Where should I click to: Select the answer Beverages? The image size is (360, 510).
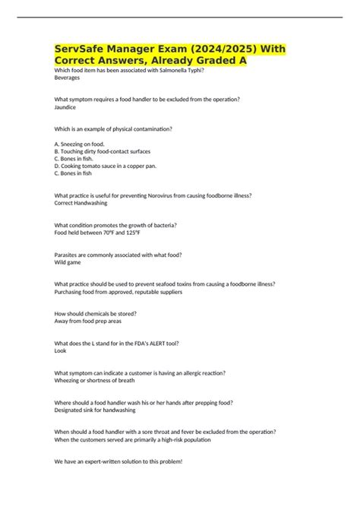[x=68, y=78]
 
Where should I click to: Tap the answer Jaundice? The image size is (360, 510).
[x=66, y=107]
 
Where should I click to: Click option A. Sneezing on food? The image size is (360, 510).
[x=80, y=144]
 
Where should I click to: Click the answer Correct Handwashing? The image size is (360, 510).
[x=81, y=203]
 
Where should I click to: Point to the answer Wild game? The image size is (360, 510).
[x=69, y=262]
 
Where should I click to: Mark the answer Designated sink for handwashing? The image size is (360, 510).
[x=95, y=410]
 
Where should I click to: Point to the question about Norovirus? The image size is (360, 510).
[x=153, y=195]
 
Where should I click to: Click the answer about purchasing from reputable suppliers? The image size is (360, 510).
[x=118, y=292]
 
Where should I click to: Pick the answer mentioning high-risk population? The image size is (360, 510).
[x=133, y=440]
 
